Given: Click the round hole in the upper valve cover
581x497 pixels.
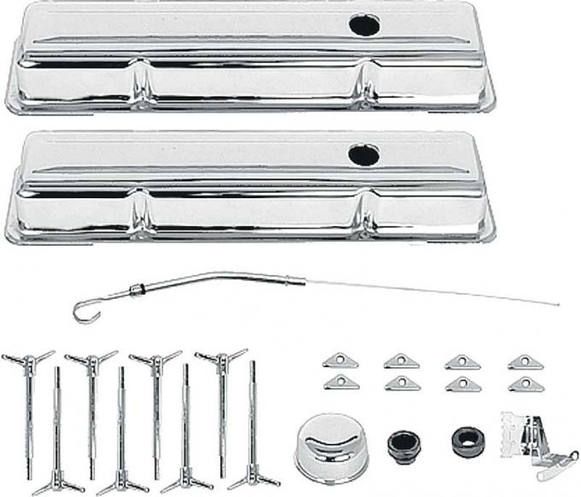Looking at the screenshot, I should (x=364, y=25).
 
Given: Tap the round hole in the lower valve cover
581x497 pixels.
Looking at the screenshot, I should (x=364, y=155).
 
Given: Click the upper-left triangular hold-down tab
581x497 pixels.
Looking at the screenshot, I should (x=341, y=361).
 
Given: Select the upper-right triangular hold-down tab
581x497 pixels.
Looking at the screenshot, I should (x=525, y=361).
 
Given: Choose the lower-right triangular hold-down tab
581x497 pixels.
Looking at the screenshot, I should (x=525, y=383).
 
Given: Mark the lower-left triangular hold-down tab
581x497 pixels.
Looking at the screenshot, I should (x=341, y=383).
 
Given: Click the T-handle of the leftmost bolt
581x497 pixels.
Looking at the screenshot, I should (x=26, y=359).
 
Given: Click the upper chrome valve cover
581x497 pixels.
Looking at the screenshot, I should (x=248, y=60).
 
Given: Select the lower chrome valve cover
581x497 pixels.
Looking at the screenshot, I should (x=248, y=190).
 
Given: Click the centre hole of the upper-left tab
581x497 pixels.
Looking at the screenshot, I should (x=341, y=361).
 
